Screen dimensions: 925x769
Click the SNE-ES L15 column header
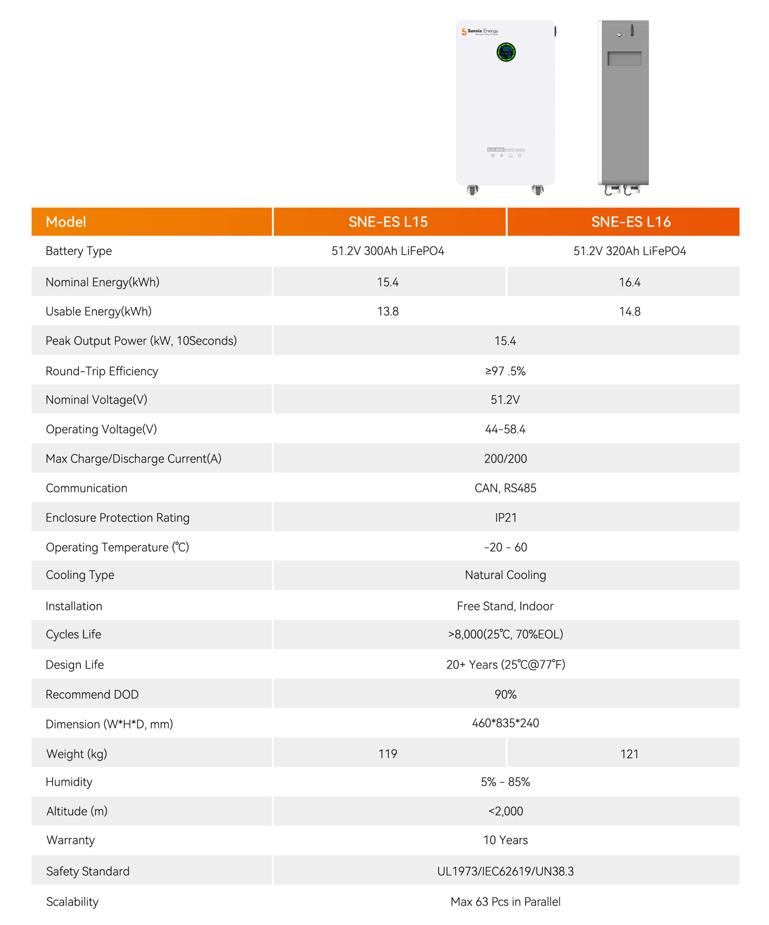point(388,221)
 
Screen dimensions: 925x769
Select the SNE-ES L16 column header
point(631,221)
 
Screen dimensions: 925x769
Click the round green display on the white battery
point(506,52)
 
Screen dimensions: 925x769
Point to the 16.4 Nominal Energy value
point(629,282)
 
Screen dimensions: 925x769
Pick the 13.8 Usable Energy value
point(388,311)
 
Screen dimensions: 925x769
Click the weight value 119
point(388,754)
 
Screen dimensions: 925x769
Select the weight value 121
point(629,754)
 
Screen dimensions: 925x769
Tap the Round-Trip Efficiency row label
point(102,371)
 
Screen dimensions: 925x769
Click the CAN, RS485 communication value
point(505,488)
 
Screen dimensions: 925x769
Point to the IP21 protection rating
point(505,517)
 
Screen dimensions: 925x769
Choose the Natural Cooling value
point(505,575)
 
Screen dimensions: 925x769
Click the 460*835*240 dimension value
point(505,723)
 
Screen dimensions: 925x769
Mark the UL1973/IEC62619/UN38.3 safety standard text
point(505,871)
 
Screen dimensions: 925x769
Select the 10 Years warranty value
point(505,840)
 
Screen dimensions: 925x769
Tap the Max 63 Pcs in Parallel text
point(505,902)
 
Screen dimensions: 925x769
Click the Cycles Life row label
point(74,634)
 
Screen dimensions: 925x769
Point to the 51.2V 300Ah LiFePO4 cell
point(388,251)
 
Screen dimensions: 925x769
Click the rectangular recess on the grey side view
point(624,59)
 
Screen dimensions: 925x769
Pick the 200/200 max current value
point(505,459)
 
